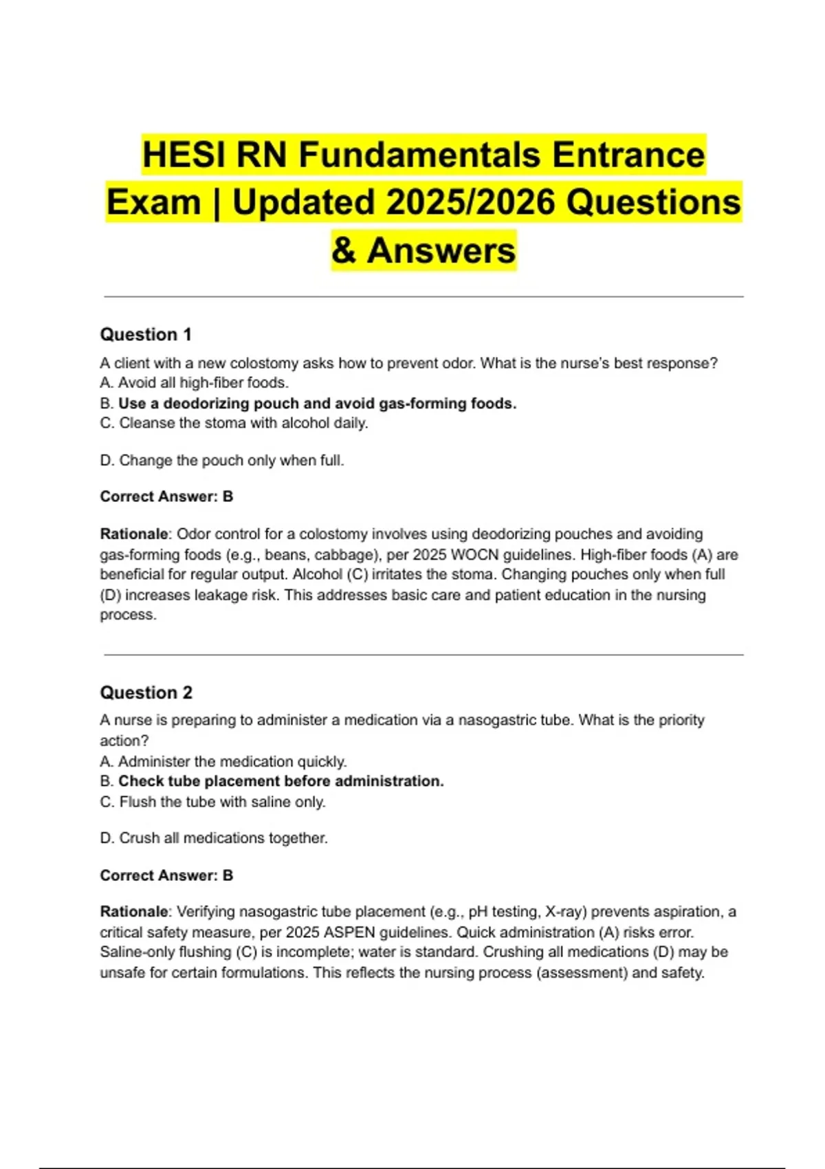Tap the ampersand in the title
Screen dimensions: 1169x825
coord(343,250)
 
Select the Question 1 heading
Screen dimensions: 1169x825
coord(146,335)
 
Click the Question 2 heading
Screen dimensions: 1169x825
coord(146,692)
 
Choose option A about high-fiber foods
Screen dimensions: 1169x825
coord(194,383)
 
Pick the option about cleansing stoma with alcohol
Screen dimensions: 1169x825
coord(234,424)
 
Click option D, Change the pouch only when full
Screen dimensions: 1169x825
coord(221,461)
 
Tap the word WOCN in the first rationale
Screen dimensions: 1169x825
coord(474,555)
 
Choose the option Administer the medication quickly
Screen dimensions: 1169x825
coord(223,762)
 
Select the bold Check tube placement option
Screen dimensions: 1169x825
coord(272,782)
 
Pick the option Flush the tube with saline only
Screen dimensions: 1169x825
coord(212,802)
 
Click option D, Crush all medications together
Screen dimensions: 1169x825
coord(213,838)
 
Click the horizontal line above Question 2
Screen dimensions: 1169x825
coord(423,655)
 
